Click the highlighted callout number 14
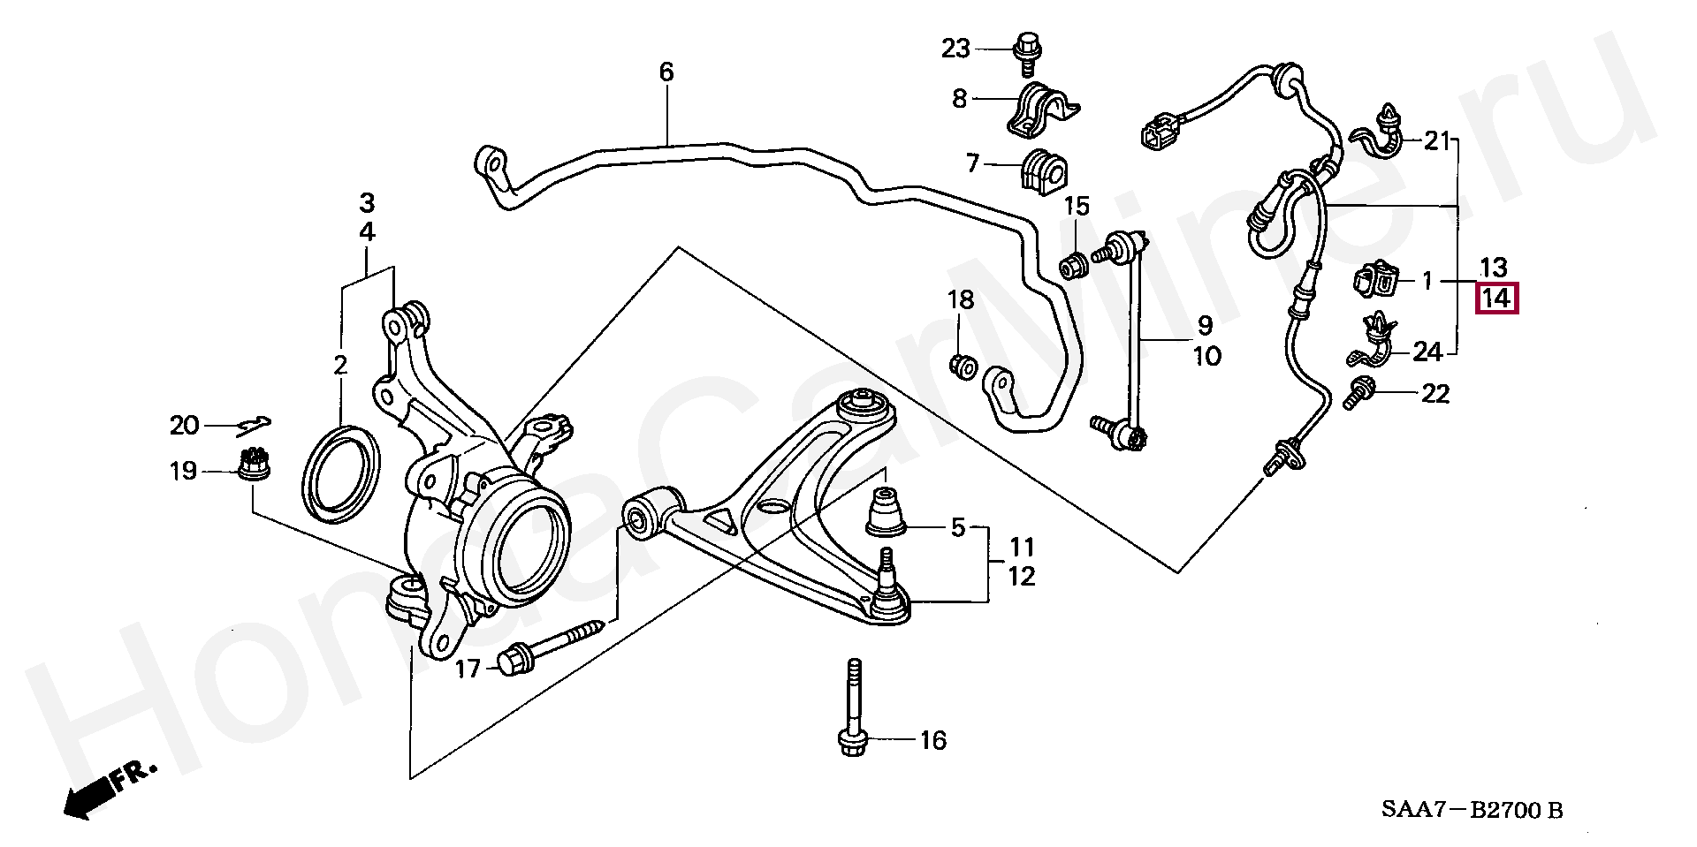[1495, 298]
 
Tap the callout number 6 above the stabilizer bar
[666, 72]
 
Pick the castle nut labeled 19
[255, 465]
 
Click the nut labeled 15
[1075, 264]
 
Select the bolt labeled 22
[1358, 392]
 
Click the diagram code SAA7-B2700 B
[1473, 810]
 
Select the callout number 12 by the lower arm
[1021, 577]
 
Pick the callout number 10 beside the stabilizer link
[1206, 356]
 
